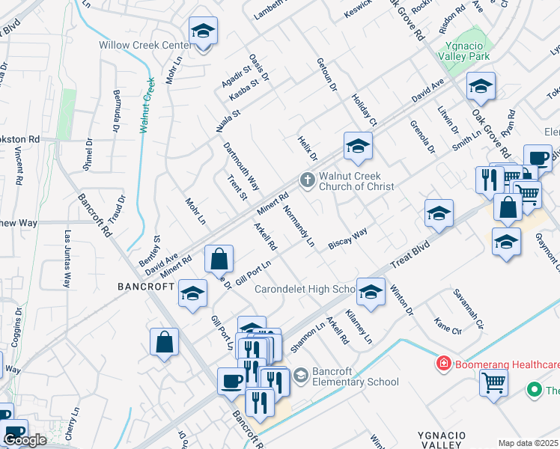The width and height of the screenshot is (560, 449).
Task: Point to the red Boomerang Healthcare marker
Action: [443, 364]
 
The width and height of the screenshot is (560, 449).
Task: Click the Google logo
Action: [25, 440]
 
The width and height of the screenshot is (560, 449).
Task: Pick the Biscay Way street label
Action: [348, 238]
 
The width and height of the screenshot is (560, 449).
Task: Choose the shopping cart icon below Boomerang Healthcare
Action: [493, 384]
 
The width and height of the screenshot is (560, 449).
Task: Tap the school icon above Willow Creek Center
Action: [203, 32]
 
